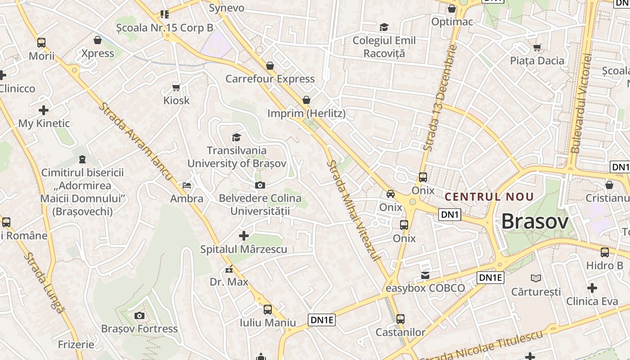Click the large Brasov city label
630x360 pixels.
[535, 221]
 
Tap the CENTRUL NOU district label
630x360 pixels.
[489, 197]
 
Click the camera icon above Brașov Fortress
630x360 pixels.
[139, 315]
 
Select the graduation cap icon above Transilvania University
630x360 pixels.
[236, 137]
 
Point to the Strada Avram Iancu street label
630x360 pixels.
[135, 142]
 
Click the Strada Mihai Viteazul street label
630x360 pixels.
[355, 209]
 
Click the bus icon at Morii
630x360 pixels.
[41, 43]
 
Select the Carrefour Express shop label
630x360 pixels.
[270, 79]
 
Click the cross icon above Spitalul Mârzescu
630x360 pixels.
[243, 235]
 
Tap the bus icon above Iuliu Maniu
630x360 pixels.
[268, 310]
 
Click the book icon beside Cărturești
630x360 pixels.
[535, 278]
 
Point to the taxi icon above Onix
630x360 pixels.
[391, 194]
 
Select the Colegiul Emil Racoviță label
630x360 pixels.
[384, 47]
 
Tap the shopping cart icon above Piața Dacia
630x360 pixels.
[537, 47]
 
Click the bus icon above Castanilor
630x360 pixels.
[400, 319]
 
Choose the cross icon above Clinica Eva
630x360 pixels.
[592, 288]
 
